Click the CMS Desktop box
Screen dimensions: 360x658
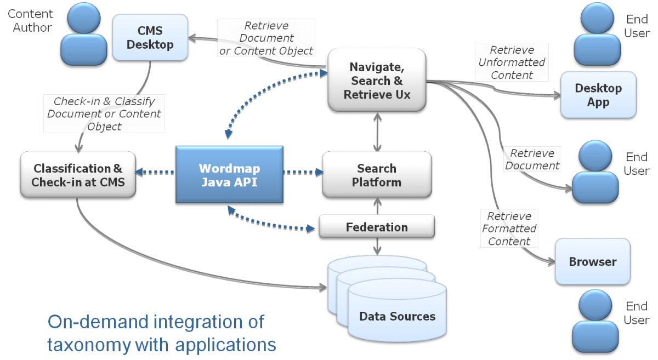[150, 37]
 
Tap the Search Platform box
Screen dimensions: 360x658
[376, 175]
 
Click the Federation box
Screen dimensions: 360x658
[377, 227]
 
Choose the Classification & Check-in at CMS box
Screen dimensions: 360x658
[77, 175]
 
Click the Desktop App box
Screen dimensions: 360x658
[598, 95]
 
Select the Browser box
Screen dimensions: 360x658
[592, 262]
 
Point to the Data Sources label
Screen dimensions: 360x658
[397, 316]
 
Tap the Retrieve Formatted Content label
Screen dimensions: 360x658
[509, 228]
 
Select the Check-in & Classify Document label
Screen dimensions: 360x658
[104, 114]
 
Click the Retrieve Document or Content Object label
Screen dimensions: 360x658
[266, 38]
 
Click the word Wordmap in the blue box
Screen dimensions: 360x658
[229, 168]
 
